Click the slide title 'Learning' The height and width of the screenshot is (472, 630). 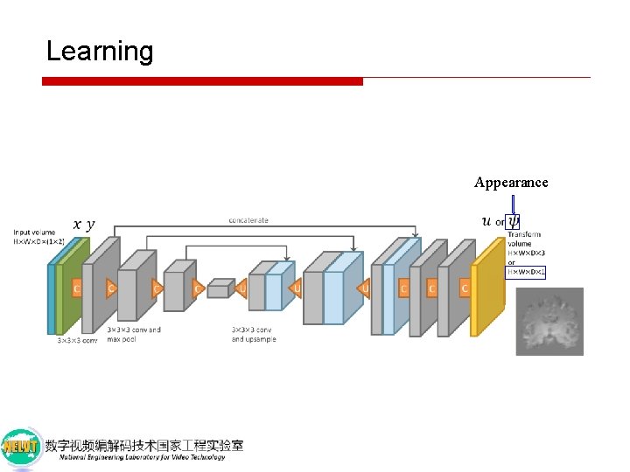(x=99, y=51)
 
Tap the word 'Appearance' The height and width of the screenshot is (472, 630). (x=511, y=183)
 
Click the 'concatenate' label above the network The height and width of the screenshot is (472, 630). (x=248, y=220)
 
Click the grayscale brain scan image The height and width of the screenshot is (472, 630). (x=549, y=322)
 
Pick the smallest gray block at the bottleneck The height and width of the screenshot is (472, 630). (x=220, y=288)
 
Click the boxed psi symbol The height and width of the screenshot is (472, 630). (x=513, y=221)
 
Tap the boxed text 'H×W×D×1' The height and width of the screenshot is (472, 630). (x=527, y=272)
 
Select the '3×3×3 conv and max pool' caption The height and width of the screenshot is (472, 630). (x=134, y=334)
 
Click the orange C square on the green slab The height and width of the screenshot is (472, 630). (x=77, y=288)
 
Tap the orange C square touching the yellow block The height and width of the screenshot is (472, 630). (x=465, y=288)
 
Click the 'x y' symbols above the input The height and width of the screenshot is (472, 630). (x=84, y=225)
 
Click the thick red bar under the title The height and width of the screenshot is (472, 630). (x=202, y=81)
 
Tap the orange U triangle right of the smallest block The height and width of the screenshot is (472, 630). (x=242, y=288)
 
